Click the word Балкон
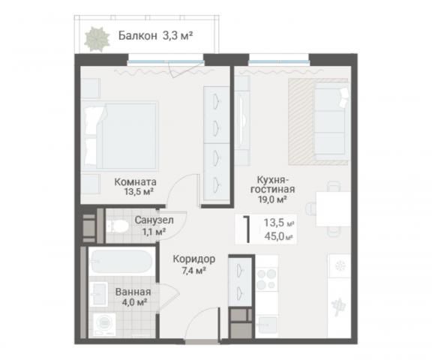tap(138, 34)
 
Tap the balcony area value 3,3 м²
tap(179, 34)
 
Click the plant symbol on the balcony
tap(96, 37)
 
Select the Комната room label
tap(135, 181)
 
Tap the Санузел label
tap(154, 220)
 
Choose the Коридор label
tap(193, 259)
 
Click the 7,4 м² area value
tap(193, 271)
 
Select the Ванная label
tap(133, 292)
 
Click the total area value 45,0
tap(274, 237)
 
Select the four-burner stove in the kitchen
tap(268, 279)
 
